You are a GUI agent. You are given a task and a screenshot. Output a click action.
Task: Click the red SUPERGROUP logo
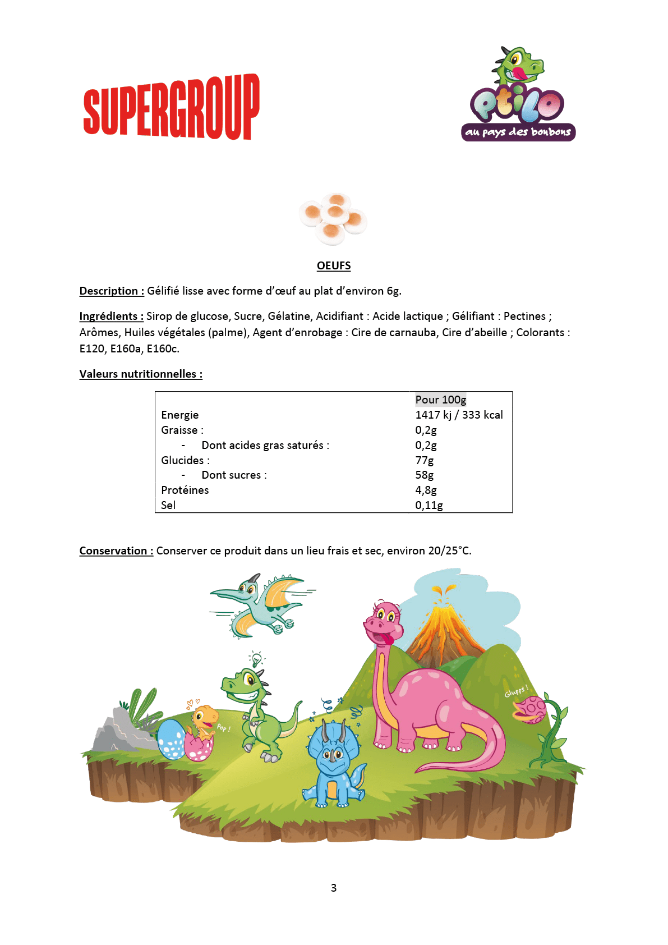(171, 107)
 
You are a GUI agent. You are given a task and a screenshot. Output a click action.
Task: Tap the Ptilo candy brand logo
(518, 95)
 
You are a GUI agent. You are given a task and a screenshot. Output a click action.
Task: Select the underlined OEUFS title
(334, 265)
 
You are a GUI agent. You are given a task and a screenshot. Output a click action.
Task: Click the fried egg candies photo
(333, 218)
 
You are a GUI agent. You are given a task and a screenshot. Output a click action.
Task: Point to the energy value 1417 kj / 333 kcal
(459, 415)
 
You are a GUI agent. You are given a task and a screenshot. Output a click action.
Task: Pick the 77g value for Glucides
(425, 460)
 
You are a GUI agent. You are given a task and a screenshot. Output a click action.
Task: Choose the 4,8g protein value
(426, 490)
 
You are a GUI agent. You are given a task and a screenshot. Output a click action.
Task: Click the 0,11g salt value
(429, 505)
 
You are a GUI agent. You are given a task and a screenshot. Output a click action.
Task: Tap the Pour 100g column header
(441, 400)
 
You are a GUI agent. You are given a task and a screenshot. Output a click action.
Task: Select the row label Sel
(168, 505)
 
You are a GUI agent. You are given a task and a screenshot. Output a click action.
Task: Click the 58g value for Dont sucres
(425, 475)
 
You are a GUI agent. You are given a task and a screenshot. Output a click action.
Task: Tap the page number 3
(334, 888)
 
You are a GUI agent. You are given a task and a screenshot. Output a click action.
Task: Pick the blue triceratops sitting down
(334, 763)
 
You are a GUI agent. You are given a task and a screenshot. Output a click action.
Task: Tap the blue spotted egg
(171, 740)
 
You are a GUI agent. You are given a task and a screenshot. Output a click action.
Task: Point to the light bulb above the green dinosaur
(256, 659)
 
